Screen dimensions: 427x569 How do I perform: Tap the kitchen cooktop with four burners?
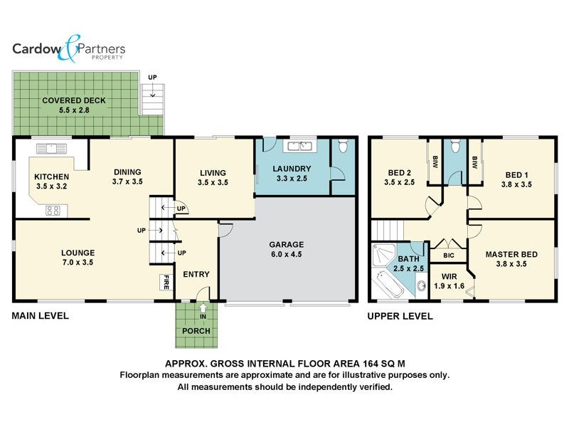pos(53,210)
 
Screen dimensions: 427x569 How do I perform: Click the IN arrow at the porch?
pos(204,310)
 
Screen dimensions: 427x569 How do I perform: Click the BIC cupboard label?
pos(449,255)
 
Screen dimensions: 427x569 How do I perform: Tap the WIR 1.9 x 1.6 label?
pos(449,280)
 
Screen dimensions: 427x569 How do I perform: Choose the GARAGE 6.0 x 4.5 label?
pos(287,248)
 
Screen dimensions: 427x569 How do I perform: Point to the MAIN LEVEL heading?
pos(40,316)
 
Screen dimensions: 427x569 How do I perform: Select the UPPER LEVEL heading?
pos(400,316)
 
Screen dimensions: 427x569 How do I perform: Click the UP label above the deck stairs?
pos(152,77)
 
